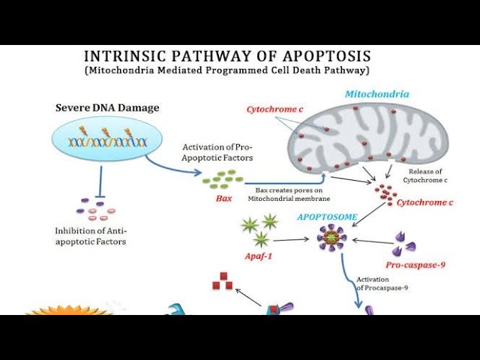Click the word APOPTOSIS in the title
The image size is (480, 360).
pos(327,56)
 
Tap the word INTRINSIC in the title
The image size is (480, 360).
pos(125,56)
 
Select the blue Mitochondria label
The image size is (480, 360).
pos(376,94)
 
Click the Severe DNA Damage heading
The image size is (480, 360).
pos(107,108)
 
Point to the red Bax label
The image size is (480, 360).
pos(223,198)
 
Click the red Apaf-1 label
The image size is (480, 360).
pos(258,256)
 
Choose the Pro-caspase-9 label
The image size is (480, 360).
pos(415,265)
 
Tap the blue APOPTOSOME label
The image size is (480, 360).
pos(327,217)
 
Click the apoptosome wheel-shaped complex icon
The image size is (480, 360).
pos(331,238)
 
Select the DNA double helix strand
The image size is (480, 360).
pos(108,142)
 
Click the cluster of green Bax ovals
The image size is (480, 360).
pos(223,179)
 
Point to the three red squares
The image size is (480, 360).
pos(223,281)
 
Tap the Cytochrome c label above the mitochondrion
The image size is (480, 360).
pos(274,109)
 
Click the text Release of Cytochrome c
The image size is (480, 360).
pos(425,175)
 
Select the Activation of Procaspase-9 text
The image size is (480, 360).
pos(382,283)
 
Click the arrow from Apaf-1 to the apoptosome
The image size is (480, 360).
pos(291,240)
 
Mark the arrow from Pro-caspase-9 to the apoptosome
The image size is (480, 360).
pos(373,241)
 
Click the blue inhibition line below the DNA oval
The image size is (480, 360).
pos(100,181)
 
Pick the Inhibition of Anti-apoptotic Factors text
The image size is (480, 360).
pos(91,236)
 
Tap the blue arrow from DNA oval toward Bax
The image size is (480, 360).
pos(171,168)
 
